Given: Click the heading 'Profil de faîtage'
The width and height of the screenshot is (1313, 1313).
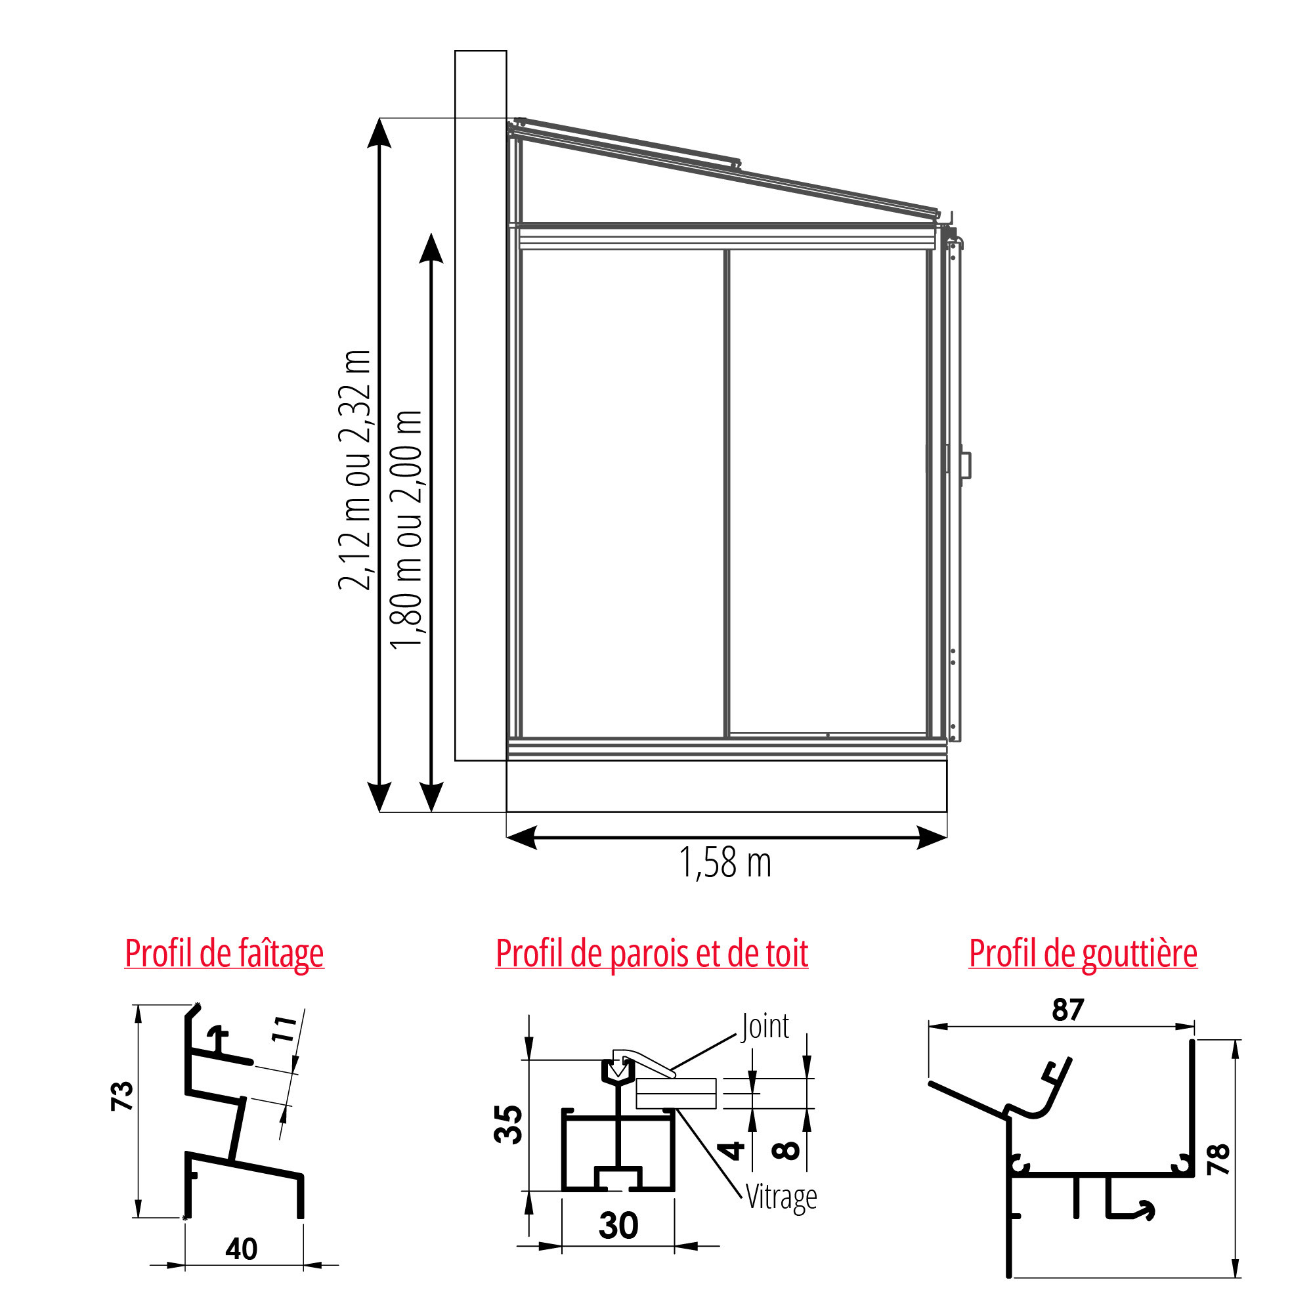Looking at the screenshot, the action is (x=225, y=954).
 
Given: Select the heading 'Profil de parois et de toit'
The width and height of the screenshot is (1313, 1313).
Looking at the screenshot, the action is (x=652, y=954).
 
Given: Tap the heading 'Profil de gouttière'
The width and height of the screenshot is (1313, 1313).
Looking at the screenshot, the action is (x=1083, y=954).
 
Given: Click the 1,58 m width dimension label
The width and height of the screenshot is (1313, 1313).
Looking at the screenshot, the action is (x=725, y=863).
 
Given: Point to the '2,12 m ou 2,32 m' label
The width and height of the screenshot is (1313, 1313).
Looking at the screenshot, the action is (x=355, y=470).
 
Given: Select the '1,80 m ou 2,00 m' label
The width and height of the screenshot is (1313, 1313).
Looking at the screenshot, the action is (x=406, y=530).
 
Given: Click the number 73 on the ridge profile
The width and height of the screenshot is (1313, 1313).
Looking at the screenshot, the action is (x=122, y=1096).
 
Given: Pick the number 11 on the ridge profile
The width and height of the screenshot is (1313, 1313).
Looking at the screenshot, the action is (x=285, y=1029).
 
